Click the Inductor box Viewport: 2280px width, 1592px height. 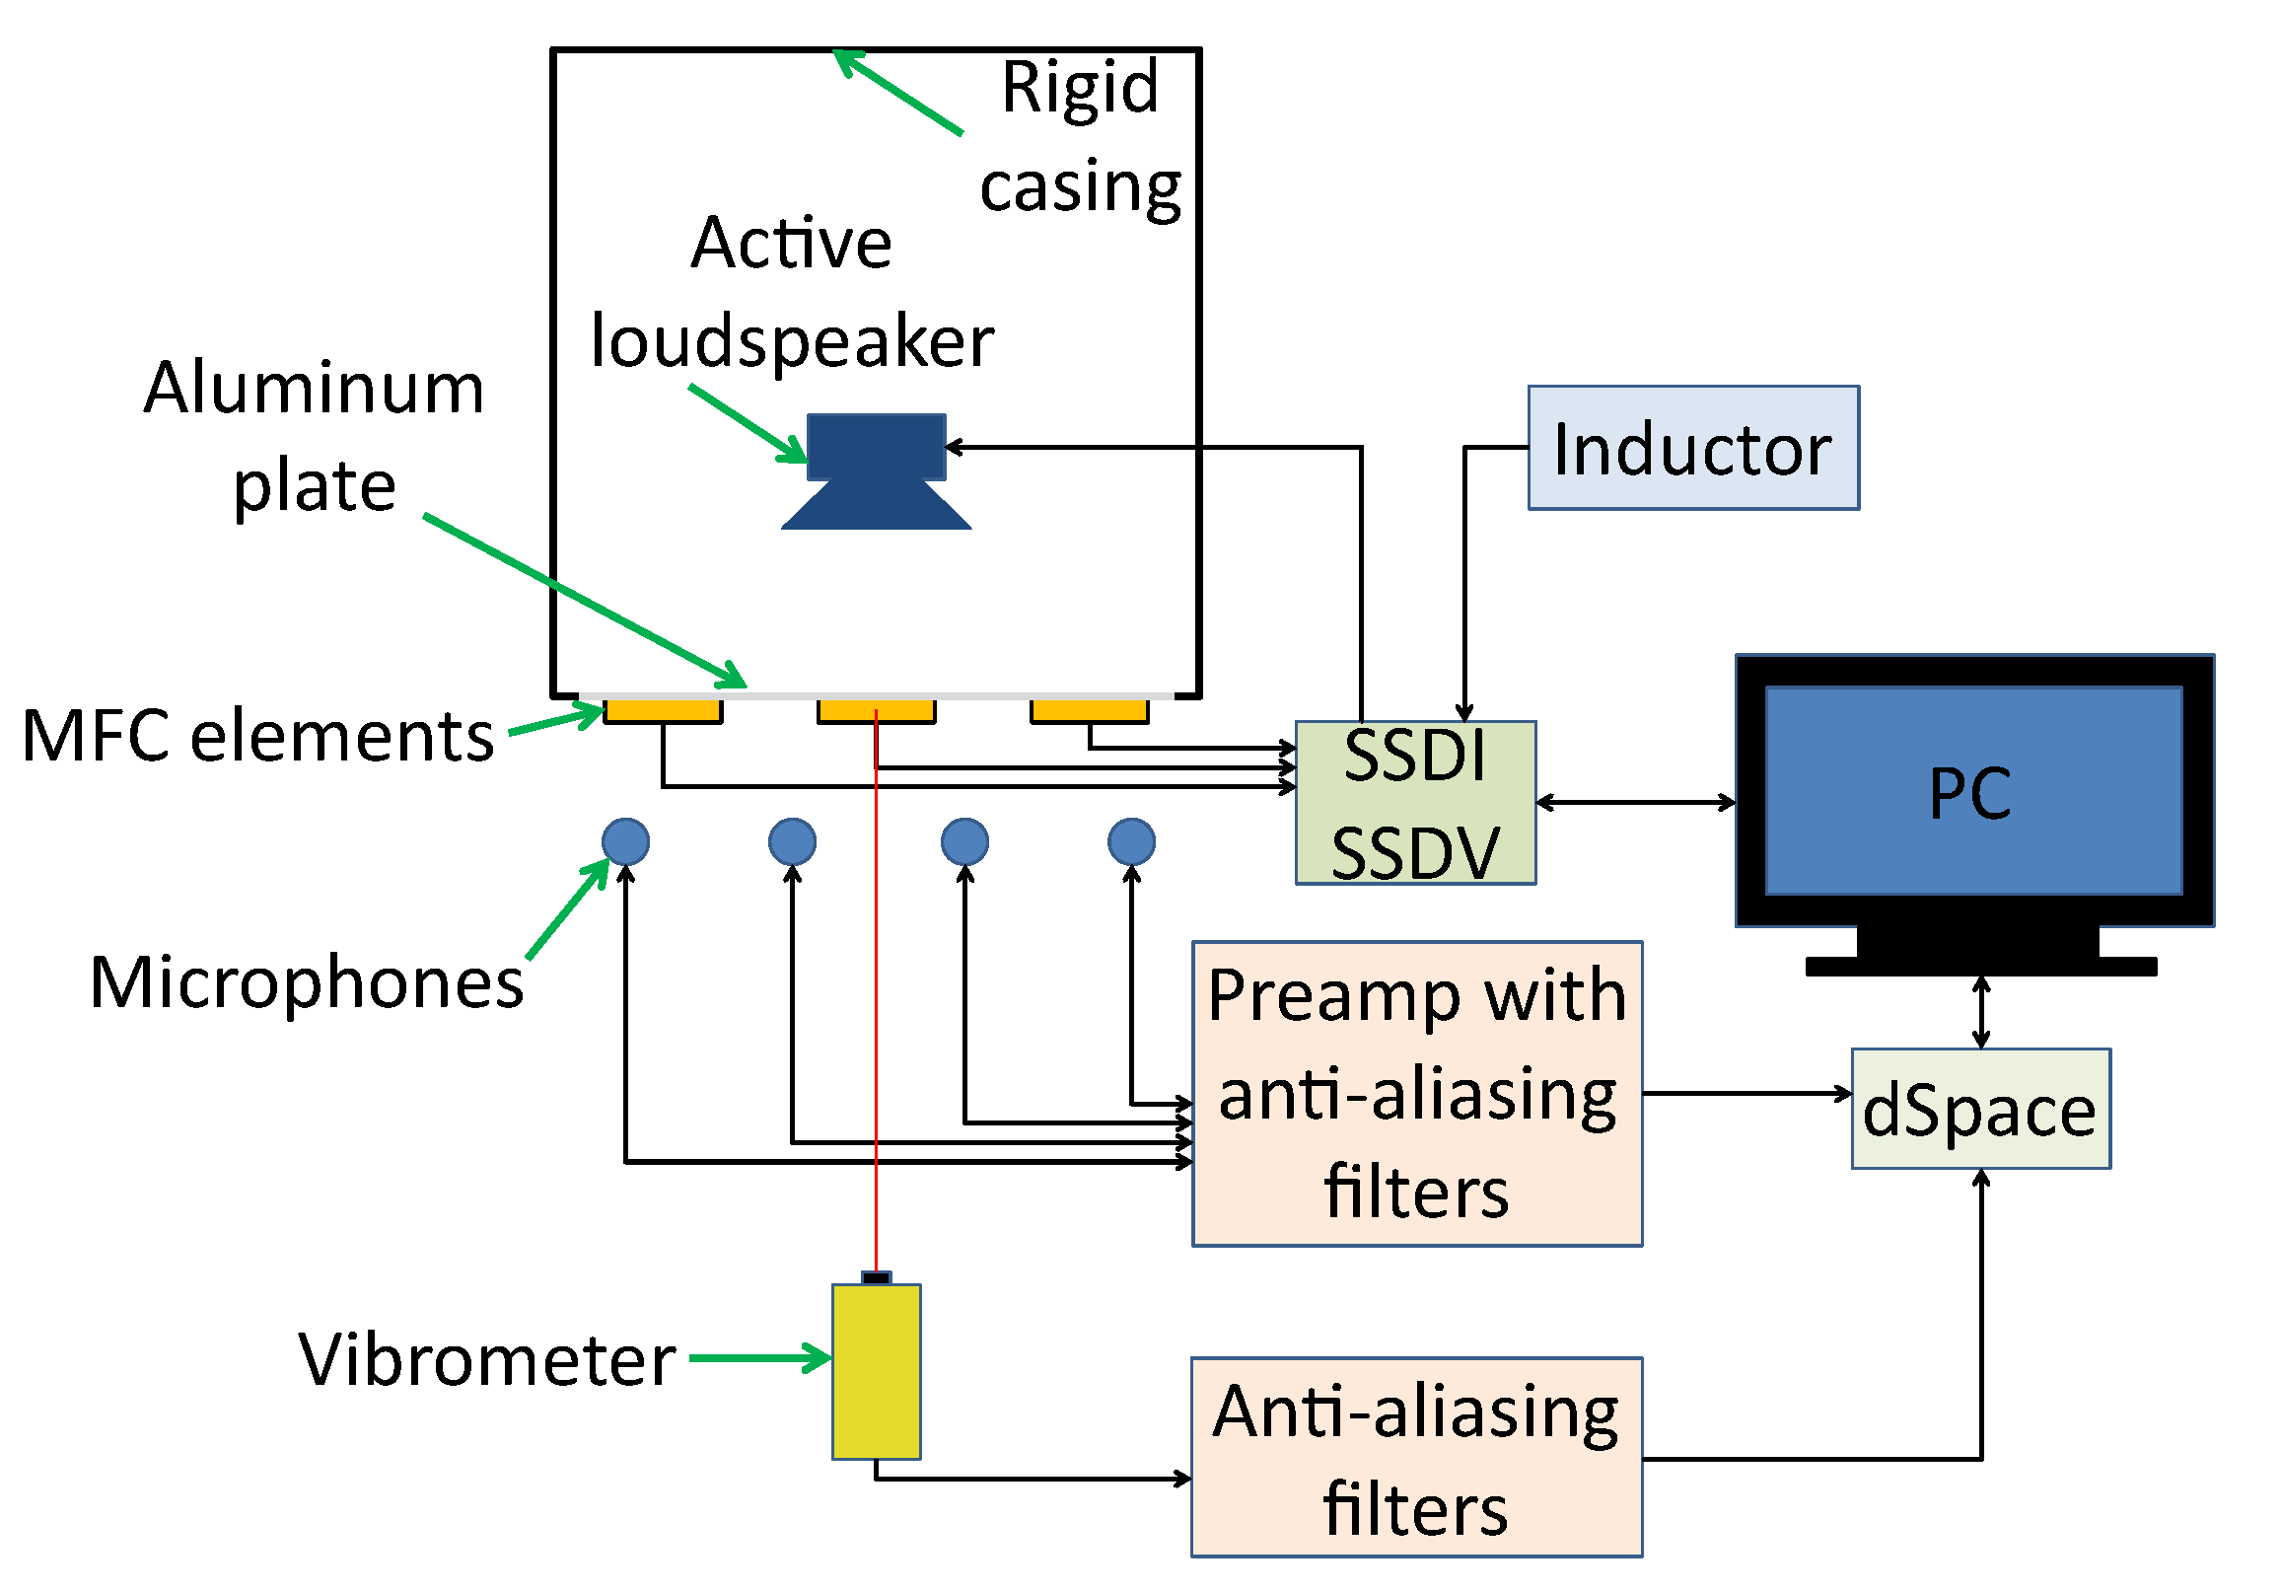coord(1692,448)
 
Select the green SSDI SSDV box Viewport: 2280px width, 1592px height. coord(1415,803)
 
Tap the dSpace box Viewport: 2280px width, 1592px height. coord(1980,1109)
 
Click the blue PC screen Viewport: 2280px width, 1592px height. coord(1973,790)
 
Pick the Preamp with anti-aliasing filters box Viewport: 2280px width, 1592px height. coord(1416,1093)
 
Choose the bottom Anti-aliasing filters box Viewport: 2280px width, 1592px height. coord(1416,1456)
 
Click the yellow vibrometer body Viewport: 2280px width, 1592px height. coord(876,1371)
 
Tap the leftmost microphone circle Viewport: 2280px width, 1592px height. coord(625,841)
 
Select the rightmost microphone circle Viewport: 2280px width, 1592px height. coord(1131,841)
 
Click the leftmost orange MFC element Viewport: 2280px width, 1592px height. coord(663,711)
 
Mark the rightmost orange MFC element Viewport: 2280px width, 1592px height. coord(1090,711)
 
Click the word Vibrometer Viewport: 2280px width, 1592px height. coord(486,1358)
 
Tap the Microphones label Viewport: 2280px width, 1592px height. coord(307,981)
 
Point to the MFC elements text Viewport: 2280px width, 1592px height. coord(257,736)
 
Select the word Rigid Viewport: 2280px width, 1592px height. coord(1080,88)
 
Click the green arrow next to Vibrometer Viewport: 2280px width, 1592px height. coord(759,1357)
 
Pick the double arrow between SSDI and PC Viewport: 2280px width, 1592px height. coord(1635,802)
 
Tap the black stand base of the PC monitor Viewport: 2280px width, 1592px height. coord(1980,967)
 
